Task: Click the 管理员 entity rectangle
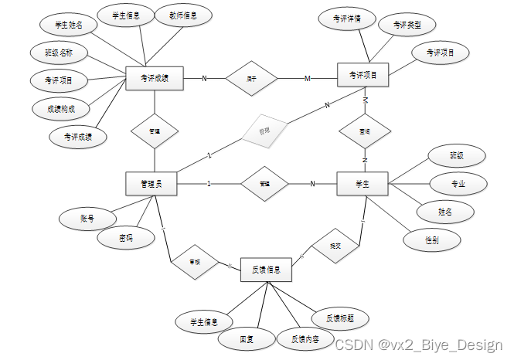pos(151,183)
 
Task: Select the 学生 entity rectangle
pos(362,183)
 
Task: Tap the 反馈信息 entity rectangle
pos(267,270)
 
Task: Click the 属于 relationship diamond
pos(252,78)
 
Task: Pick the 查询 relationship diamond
pos(364,131)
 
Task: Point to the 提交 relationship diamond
pos(335,245)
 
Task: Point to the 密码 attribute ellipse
pos(125,239)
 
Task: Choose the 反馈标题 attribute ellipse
pos(340,318)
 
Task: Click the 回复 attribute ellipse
pos(247,338)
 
